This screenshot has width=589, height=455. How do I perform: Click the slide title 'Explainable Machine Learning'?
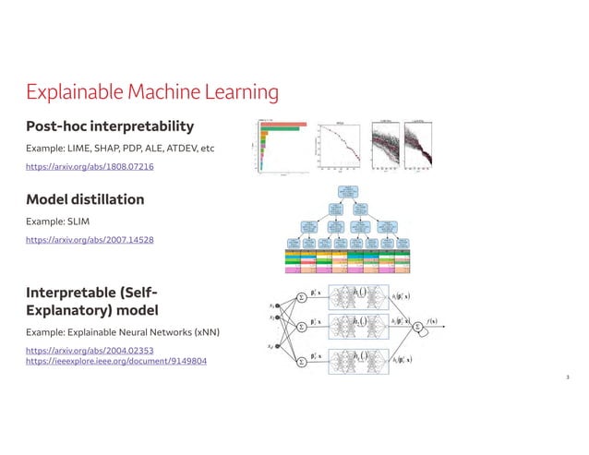[152, 92]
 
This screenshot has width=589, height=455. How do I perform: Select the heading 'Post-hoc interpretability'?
[110, 126]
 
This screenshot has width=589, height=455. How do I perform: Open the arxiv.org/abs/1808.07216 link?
[90, 167]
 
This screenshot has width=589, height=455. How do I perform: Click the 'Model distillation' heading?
[85, 199]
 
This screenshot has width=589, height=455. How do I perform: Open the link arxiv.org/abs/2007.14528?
[90, 240]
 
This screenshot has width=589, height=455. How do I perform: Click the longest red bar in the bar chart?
[282, 123]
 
